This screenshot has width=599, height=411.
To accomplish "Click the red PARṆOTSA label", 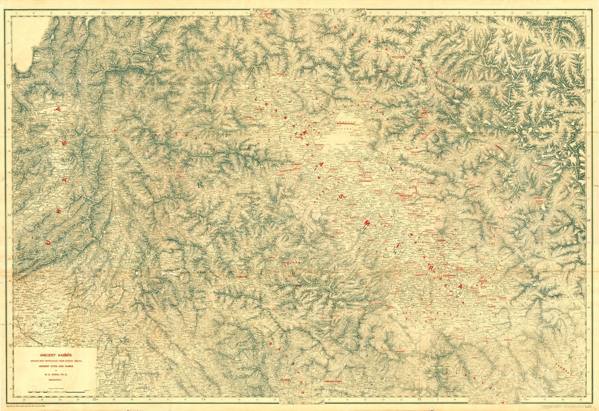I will coord(241,277).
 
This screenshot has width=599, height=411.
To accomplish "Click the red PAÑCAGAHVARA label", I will coord(333,382).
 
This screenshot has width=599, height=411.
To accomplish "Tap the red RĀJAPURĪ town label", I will coord(285,380).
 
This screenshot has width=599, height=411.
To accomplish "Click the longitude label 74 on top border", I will coord(212,13).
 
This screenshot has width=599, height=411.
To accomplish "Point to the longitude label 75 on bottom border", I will coord(419,399).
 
